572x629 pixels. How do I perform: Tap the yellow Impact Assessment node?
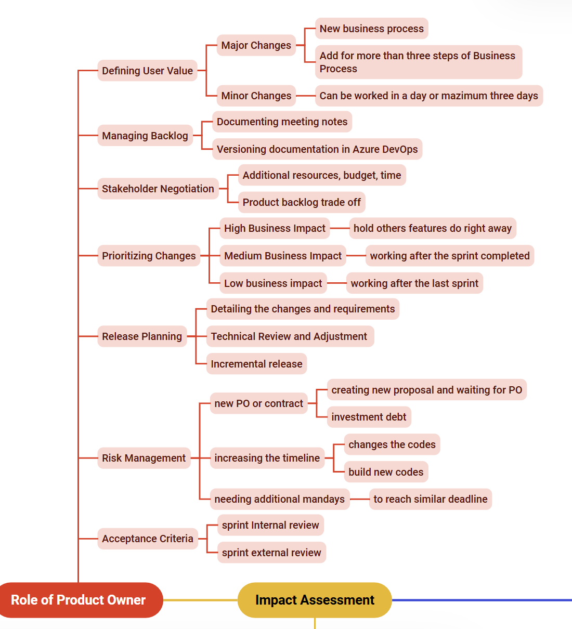pyautogui.click(x=315, y=600)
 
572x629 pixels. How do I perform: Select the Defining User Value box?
pyautogui.click(x=148, y=71)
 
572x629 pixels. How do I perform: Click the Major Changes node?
pyautogui.click(x=256, y=45)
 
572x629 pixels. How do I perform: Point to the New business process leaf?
pyautogui.click(x=371, y=29)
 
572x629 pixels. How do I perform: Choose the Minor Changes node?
pyautogui.click(x=256, y=96)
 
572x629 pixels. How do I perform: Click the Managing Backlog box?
pyautogui.click(x=145, y=136)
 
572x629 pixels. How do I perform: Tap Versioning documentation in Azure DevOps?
pyautogui.click(x=317, y=149)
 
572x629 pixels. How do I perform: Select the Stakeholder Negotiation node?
pyautogui.click(x=158, y=189)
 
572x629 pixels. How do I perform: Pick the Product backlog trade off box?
pyautogui.click(x=302, y=202)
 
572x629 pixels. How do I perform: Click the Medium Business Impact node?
pyautogui.click(x=283, y=256)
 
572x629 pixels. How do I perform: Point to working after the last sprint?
pyautogui.click(x=414, y=283)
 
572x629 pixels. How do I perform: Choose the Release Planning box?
pyautogui.click(x=142, y=336)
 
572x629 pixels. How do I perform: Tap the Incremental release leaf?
pyautogui.click(x=256, y=364)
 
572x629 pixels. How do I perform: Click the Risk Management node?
pyautogui.click(x=144, y=458)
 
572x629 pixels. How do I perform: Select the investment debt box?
pyautogui.click(x=369, y=417)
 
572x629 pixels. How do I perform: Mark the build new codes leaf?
pyautogui.click(x=386, y=471)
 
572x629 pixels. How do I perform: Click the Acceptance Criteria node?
pyautogui.click(x=148, y=539)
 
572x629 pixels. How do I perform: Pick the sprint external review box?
pyautogui.click(x=271, y=552)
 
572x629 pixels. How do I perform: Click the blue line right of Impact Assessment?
pyautogui.click(x=482, y=600)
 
